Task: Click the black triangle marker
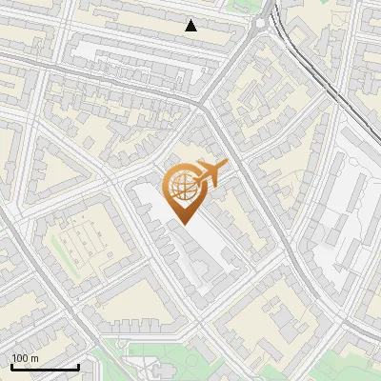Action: click(x=191, y=26)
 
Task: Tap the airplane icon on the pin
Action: click(x=209, y=173)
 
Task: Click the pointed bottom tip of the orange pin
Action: click(x=184, y=224)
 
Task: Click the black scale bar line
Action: click(x=45, y=367)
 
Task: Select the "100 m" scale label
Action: click(x=25, y=358)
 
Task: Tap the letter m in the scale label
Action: click(x=34, y=358)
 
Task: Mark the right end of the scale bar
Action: click(x=78, y=367)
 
